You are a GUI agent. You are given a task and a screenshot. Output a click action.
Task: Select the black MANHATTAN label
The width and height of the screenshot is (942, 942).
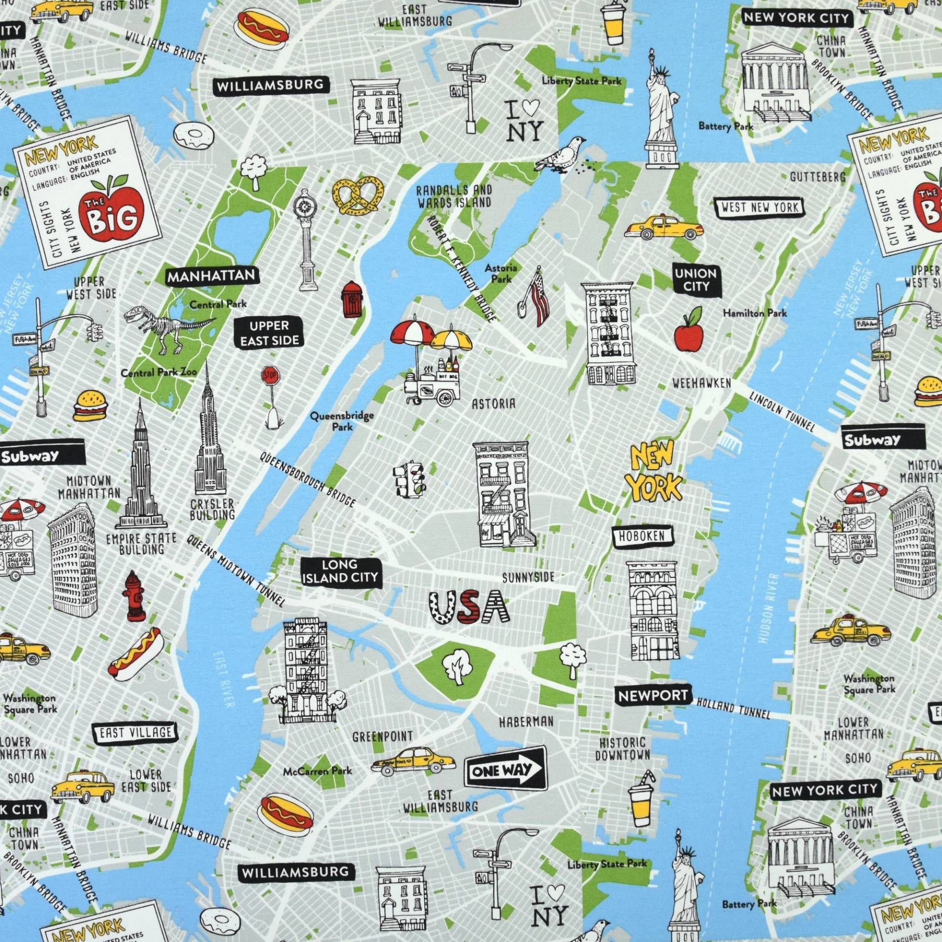point(211,276)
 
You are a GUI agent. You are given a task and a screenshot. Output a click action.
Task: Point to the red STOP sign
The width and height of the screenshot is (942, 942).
point(270,376)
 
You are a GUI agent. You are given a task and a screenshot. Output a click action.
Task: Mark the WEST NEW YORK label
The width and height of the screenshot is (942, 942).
point(759,207)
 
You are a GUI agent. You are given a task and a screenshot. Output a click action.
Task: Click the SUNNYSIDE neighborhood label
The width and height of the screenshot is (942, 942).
point(528,577)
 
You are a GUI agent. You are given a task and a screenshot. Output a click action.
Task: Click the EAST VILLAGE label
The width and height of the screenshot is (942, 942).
point(133,733)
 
